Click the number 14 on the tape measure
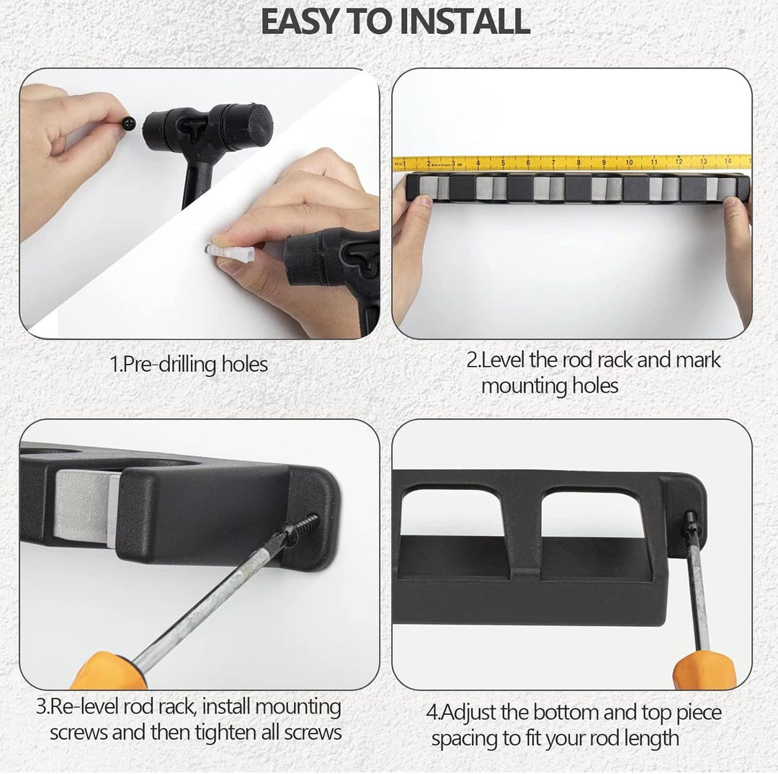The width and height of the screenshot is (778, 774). (x=728, y=161)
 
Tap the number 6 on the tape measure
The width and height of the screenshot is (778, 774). (x=528, y=162)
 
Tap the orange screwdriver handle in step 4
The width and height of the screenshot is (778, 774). (x=704, y=670)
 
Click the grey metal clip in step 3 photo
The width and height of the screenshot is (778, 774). (x=85, y=507)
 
